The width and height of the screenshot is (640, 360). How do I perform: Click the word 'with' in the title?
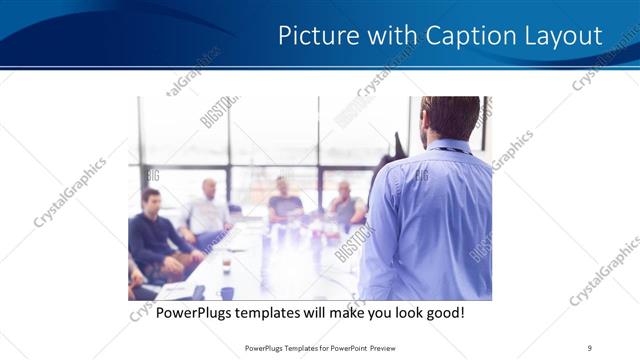pyautogui.click(x=384, y=37)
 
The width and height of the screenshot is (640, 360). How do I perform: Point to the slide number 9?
pyautogui.click(x=590, y=348)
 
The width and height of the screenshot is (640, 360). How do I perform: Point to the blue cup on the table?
pyautogui.click(x=227, y=292)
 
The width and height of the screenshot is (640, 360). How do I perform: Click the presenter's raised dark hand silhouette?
pyautogui.click(x=388, y=160)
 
